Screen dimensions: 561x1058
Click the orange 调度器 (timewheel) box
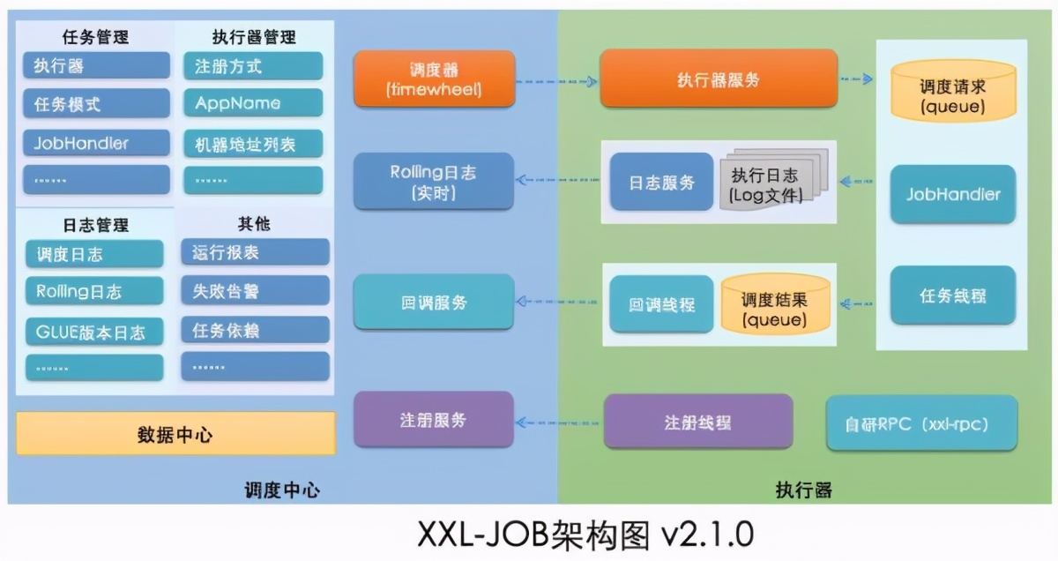pyautogui.click(x=434, y=79)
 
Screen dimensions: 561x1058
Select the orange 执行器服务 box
pyautogui.click(x=718, y=79)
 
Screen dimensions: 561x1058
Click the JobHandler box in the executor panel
pyautogui.click(x=952, y=194)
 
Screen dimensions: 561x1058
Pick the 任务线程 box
pyautogui.click(x=952, y=295)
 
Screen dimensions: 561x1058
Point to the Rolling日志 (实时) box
pyautogui.click(x=433, y=183)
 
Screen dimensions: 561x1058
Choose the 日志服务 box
pyautogui.click(x=661, y=183)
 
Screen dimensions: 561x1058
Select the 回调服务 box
pyautogui.click(x=433, y=303)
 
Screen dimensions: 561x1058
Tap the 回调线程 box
pyautogui.click(x=661, y=304)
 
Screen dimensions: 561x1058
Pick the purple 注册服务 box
pyautogui.click(x=433, y=420)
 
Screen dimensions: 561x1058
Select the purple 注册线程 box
pyautogui.click(x=697, y=422)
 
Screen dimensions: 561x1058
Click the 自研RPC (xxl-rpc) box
pyautogui.click(x=921, y=423)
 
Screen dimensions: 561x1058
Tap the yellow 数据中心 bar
pyautogui.click(x=175, y=434)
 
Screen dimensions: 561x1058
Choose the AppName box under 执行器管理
pyautogui.click(x=253, y=103)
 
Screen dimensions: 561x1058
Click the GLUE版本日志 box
pyautogui.click(x=94, y=332)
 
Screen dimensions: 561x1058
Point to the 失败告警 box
pyautogui.click(x=255, y=290)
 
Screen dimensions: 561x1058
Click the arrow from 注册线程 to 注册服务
pyautogui.click(x=559, y=422)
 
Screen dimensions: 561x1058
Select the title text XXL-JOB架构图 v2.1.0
pyautogui.click(x=585, y=535)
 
